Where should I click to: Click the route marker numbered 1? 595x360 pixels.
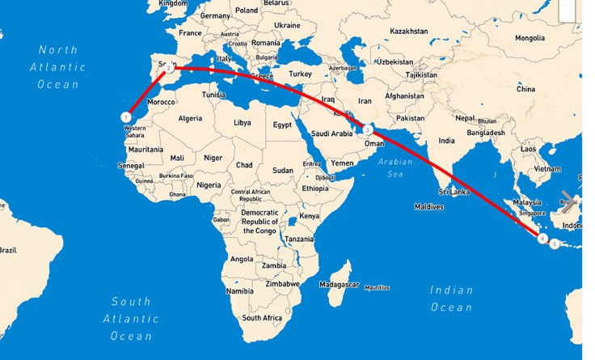(x=126, y=117)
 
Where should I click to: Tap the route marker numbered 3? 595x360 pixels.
(x=367, y=129)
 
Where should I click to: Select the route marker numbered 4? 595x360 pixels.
(x=542, y=238)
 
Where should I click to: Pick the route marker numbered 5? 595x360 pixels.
(x=554, y=244)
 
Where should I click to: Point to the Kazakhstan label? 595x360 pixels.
(x=408, y=31)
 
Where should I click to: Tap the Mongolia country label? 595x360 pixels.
(x=530, y=38)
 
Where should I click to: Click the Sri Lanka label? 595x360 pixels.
(x=454, y=192)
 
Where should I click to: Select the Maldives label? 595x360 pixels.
(x=429, y=207)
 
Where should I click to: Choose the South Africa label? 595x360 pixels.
(x=262, y=318)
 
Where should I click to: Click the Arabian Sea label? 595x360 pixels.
(x=395, y=167)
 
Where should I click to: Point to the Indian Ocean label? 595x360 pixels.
(x=451, y=299)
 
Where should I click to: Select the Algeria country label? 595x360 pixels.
(x=190, y=118)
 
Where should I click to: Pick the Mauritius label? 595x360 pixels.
(x=377, y=288)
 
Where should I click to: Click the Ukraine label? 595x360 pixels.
(x=287, y=25)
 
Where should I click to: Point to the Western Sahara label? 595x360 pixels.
(x=136, y=131)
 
